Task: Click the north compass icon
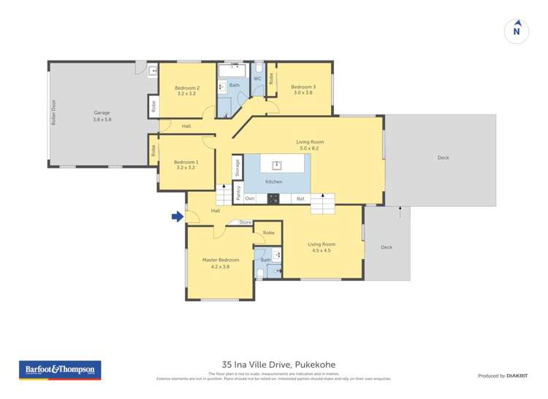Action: pos(517,31)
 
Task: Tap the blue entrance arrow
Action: pos(177,217)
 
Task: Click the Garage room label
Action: pos(102,112)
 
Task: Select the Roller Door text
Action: pos(53,113)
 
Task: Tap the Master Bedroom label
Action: pos(221,260)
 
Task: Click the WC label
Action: pos(257,79)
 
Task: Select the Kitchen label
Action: pos(274,181)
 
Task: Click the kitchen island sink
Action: pos(276,164)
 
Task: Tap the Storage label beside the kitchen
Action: pos(237,167)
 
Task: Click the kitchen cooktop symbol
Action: pos(273,198)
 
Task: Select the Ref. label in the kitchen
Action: pos(300,198)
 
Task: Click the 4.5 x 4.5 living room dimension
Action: pos(319,250)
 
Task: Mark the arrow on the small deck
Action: pos(400,212)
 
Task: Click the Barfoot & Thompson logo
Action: pos(60,371)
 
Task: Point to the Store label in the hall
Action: pos(245,222)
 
